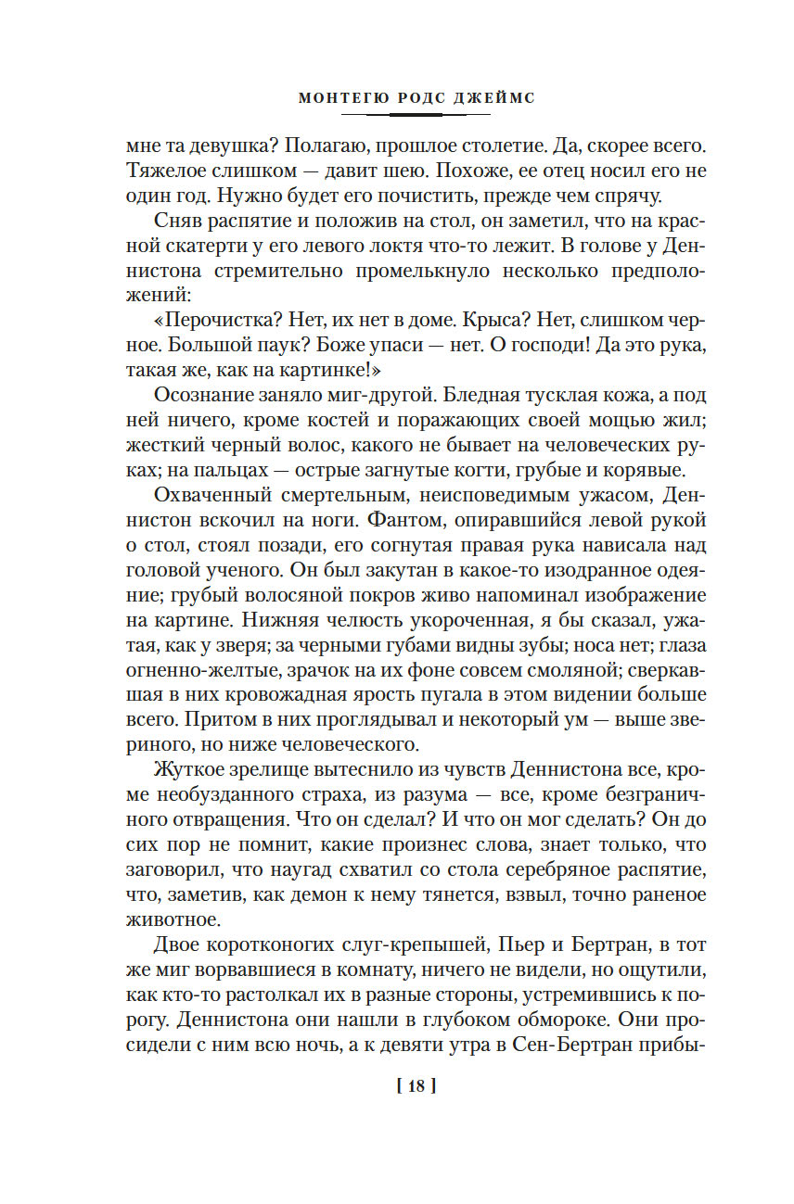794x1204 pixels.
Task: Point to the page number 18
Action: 416,1087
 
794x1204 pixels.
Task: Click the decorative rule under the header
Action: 416,114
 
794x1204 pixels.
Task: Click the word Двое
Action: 178,944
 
